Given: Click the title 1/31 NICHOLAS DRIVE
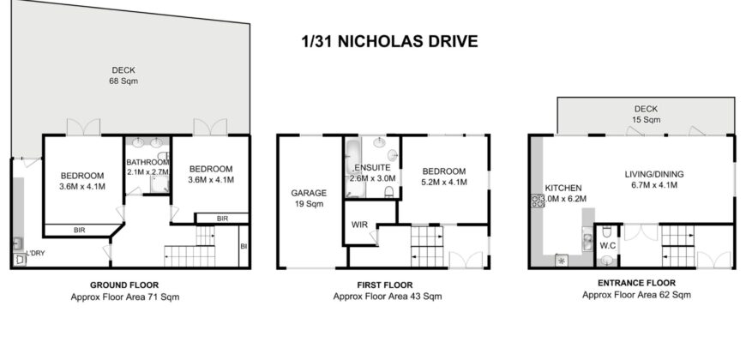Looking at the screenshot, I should (x=388, y=40).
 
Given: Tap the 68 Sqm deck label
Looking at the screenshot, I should (x=124, y=75).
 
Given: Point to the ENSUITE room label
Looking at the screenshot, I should (x=369, y=170).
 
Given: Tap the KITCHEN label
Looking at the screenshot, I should (x=563, y=187).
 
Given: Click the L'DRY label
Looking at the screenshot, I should (x=35, y=254).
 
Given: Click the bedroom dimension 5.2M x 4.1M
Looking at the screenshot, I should (x=443, y=182).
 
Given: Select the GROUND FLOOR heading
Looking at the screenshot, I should (x=124, y=285).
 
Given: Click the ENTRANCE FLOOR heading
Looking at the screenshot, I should (x=636, y=283).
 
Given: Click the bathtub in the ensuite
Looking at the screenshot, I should (x=353, y=165).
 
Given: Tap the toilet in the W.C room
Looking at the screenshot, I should (x=607, y=231).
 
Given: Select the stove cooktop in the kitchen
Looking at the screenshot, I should (x=539, y=202).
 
